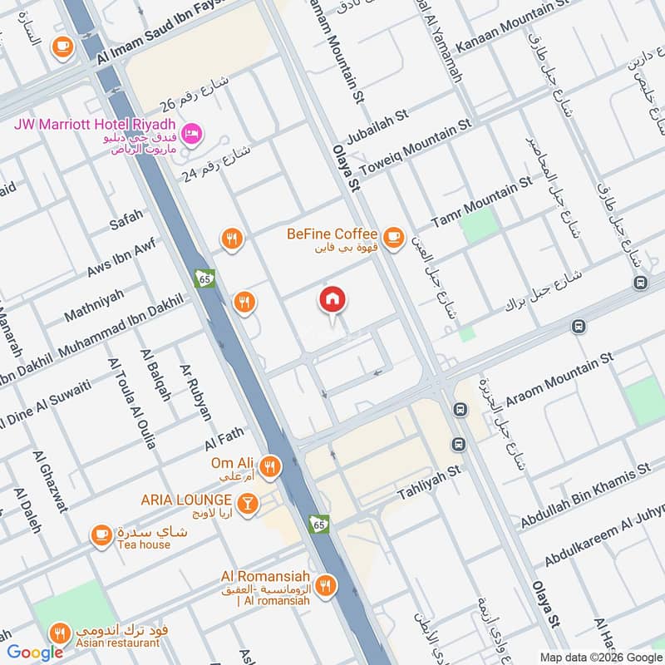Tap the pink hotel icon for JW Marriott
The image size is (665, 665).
(192, 132)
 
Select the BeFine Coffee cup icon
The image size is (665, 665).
(393, 236)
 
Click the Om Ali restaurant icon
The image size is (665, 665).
(268, 467)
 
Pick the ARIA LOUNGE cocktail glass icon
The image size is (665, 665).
(247, 503)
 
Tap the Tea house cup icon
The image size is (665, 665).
(101, 535)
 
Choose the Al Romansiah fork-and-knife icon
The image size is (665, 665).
(326, 585)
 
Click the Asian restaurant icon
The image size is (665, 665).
(58, 633)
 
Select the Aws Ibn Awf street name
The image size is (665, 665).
(121, 258)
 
